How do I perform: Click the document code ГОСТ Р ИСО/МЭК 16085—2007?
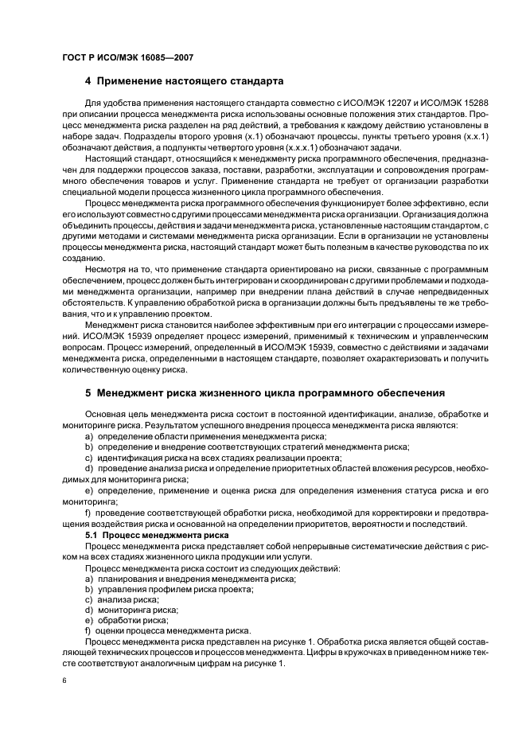(x=127, y=57)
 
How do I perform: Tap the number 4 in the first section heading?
(x=88, y=81)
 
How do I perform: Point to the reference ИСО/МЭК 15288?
(x=455, y=105)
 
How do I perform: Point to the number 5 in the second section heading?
(x=88, y=394)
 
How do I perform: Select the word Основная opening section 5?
(x=105, y=415)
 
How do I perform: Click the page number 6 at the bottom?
(x=64, y=681)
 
